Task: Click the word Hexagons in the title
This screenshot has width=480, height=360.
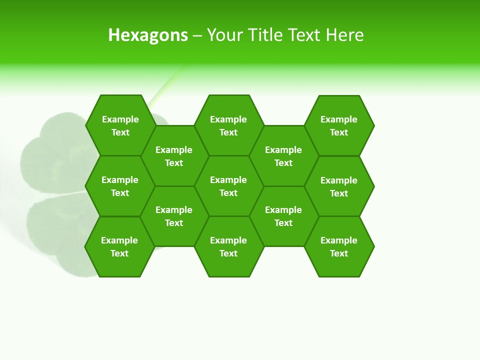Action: coord(148,35)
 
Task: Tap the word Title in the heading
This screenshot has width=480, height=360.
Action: coord(265,35)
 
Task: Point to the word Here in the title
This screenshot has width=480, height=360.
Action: coord(345,35)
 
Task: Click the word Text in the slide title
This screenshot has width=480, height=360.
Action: coord(304,35)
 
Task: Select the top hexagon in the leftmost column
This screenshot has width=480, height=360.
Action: coord(120,125)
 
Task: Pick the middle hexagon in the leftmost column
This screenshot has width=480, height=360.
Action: coord(120,186)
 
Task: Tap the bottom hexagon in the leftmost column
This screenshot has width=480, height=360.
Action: coord(119,246)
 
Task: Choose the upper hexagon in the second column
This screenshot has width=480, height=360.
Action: coord(174,156)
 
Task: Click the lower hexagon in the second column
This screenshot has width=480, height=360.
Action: coord(174,216)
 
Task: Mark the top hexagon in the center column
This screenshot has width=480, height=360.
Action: coord(228,125)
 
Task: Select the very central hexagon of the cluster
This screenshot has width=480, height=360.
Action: coord(228,186)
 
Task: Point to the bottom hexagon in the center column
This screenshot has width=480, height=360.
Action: coord(228,246)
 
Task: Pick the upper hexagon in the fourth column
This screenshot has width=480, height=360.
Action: coord(283,156)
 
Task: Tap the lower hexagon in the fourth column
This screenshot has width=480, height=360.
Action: coord(283,216)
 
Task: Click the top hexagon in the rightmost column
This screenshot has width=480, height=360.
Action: coord(339,125)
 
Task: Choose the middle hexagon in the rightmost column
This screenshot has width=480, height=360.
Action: coord(339,186)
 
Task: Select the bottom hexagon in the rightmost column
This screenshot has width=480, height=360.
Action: coord(339,246)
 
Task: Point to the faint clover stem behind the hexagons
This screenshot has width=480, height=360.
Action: coord(165,90)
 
